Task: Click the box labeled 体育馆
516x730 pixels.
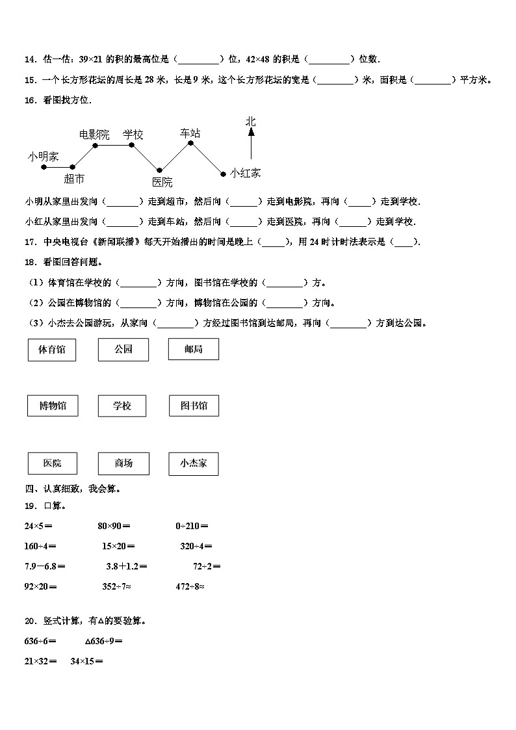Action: (x=51, y=349)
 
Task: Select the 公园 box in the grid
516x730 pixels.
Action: (x=123, y=349)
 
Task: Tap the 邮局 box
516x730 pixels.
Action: (x=193, y=349)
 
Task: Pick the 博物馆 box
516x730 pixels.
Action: (x=52, y=406)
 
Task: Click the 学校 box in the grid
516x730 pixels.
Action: (x=122, y=406)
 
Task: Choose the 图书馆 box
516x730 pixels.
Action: (x=193, y=406)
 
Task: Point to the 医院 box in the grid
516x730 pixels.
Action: (x=52, y=463)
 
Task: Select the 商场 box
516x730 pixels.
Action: (x=123, y=463)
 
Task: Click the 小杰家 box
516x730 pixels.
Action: (x=193, y=463)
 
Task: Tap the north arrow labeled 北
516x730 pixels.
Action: (x=251, y=140)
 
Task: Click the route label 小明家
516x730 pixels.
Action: (x=43, y=156)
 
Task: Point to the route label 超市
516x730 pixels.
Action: (x=74, y=179)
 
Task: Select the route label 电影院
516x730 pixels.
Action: (x=94, y=135)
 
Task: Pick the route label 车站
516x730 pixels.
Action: (x=190, y=133)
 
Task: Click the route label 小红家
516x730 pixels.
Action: (x=245, y=173)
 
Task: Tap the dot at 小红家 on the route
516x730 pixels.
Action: (x=223, y=174)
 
